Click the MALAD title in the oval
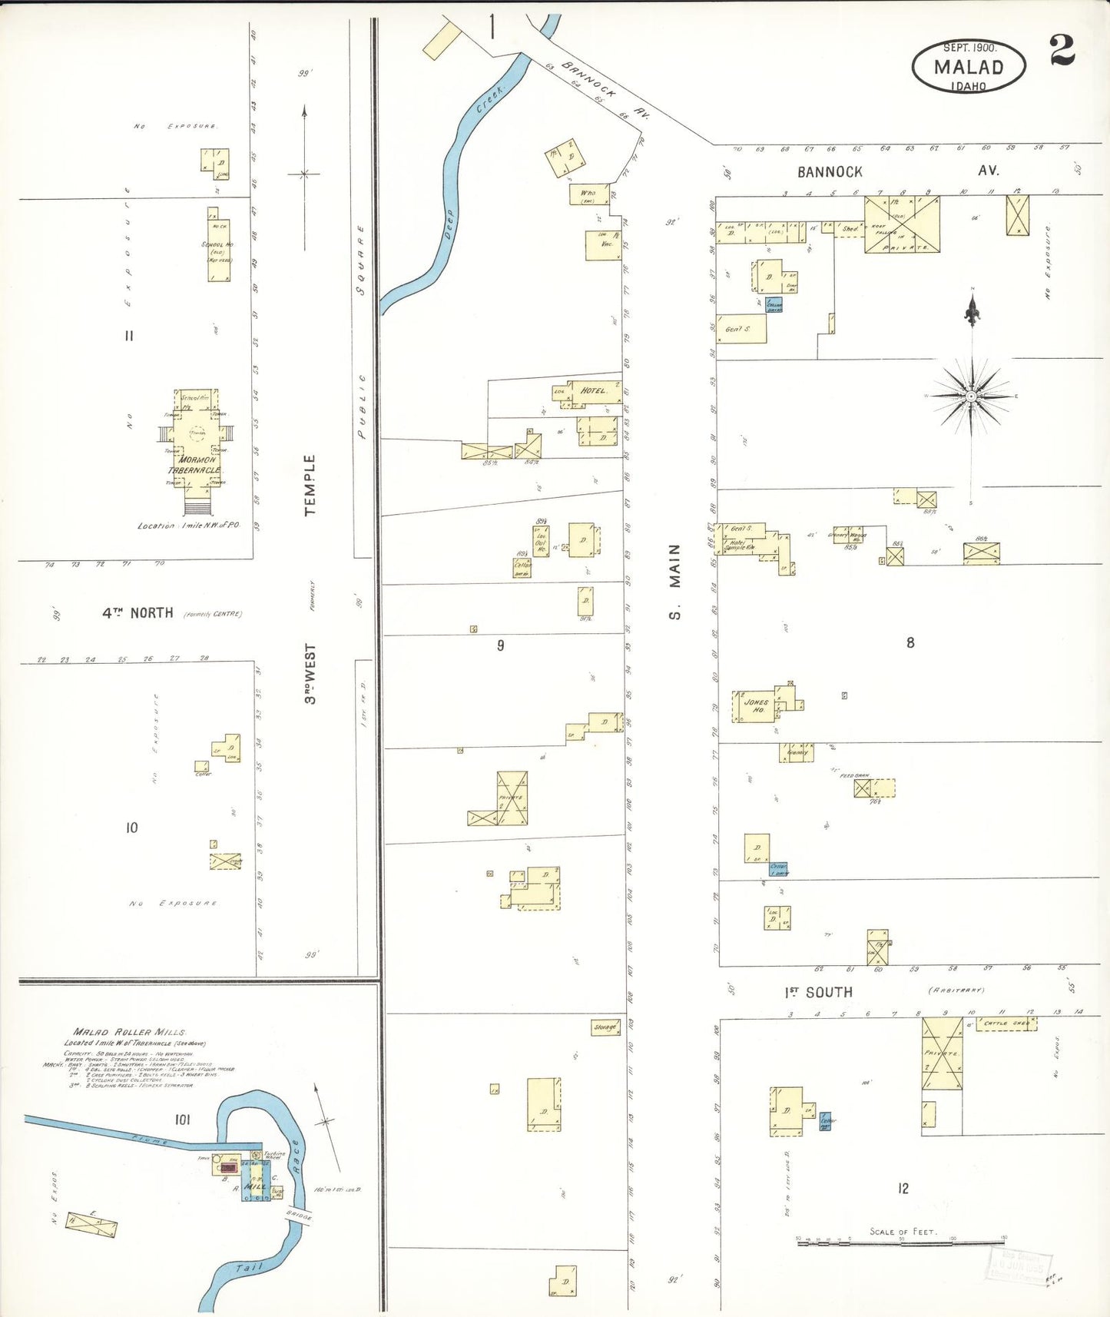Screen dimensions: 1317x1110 point(968,67)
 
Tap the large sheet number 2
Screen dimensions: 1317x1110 point(1062,51)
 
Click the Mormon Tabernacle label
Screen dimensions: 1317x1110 point(195,465)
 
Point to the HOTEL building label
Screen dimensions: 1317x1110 point(593,390)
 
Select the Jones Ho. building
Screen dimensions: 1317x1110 point(755,706)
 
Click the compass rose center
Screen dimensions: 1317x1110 point(972,396)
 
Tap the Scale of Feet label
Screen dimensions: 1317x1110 point(902,1231)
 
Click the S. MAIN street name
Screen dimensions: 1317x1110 point(674,581)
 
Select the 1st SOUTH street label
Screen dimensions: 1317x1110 point(819,992)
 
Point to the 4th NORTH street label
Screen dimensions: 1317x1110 point(138,612)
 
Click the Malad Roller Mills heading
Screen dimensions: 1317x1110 point(129,1032)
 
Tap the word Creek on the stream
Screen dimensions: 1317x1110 point(489,101)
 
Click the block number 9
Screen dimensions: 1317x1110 point(500,645)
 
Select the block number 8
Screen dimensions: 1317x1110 point(910,642)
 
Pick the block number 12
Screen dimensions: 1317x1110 point(903,1189)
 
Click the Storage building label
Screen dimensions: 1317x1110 point(605,1027)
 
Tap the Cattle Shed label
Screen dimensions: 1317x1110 point(1006,1023)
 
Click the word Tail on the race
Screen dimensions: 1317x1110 point(250,1267)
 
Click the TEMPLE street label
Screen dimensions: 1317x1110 point(310,485)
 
